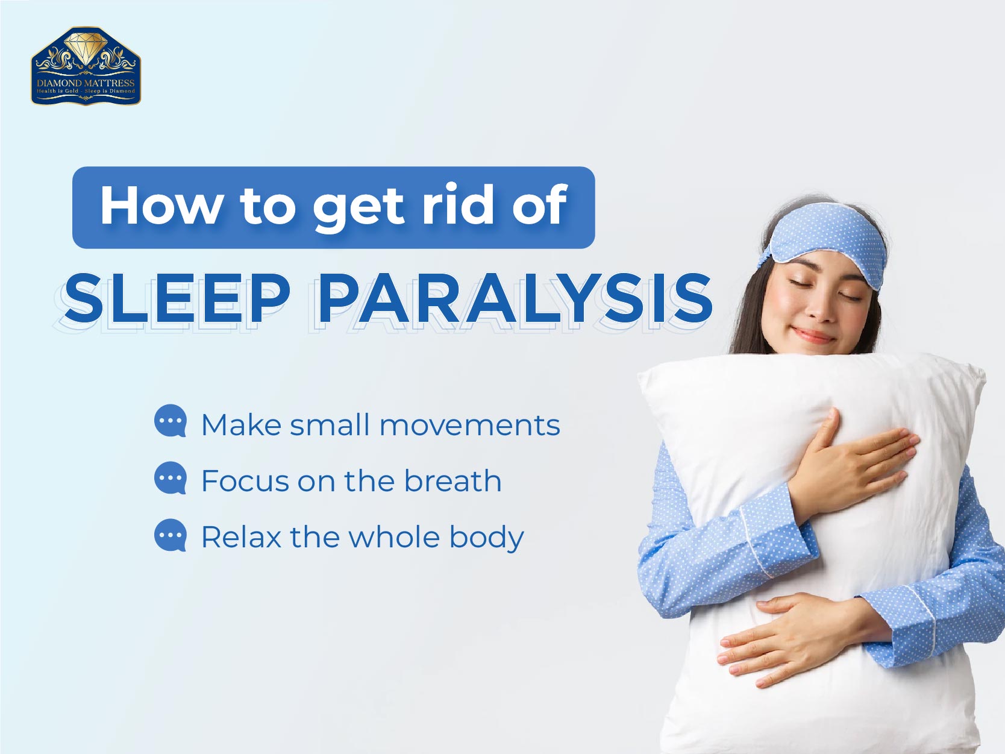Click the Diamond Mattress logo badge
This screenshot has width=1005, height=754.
click(x=86, y=66)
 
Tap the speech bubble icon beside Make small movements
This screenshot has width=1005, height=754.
click(x=171, y=421)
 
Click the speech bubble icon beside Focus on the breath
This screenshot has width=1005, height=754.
click(x=171, y=478)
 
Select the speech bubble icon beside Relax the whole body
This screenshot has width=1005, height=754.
click(x=171, y=535)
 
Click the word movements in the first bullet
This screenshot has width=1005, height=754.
click(x=470, y=426)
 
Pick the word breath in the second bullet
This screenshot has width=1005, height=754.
click(x=452, y=481)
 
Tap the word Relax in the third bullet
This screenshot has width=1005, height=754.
click(x=241, y=536)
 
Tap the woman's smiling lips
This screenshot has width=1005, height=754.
click(x=816, y=335)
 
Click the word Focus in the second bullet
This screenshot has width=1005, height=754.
click(x=246, y=481)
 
